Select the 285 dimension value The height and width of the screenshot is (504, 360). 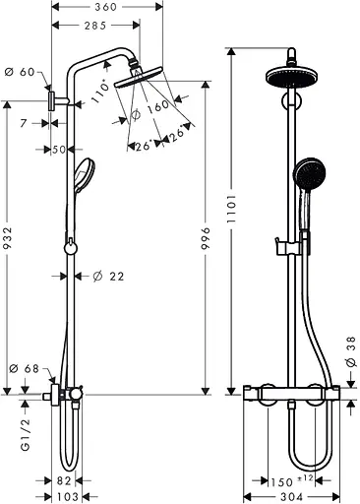94,26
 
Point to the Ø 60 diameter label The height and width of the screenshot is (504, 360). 20,72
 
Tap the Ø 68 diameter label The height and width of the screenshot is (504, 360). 23,369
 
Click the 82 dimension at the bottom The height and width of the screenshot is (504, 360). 63,481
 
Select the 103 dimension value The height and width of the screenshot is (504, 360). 66,497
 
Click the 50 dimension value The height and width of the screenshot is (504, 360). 58,150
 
